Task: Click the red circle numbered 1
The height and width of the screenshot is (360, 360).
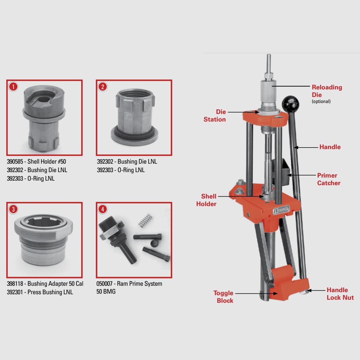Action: click(13, 87)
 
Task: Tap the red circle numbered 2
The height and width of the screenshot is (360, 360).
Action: click(103, 87)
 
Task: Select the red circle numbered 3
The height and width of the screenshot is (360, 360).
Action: click(13, 209)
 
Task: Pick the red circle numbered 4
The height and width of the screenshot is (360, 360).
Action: click(103, 209)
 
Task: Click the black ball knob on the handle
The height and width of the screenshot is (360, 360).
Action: click(290, 104)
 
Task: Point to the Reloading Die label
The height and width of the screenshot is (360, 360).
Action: click(327, 91)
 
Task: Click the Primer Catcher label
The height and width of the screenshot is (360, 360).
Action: click(328, 179)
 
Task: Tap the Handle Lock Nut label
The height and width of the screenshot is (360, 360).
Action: click(340, 294)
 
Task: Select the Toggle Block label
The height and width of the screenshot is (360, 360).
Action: click(223, 297)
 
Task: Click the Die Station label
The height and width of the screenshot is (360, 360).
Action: click(215, 115)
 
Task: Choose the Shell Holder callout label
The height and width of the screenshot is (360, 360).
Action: click(206, 200)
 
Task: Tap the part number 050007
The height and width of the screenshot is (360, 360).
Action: click(104, 284)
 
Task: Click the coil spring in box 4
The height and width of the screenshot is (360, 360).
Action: click(145, 220)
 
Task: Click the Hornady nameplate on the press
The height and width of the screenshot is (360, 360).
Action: click(281, 210)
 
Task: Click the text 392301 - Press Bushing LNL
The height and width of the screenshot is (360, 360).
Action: click(40, 292)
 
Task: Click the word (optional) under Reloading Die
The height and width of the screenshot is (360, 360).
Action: click(321, 102)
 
